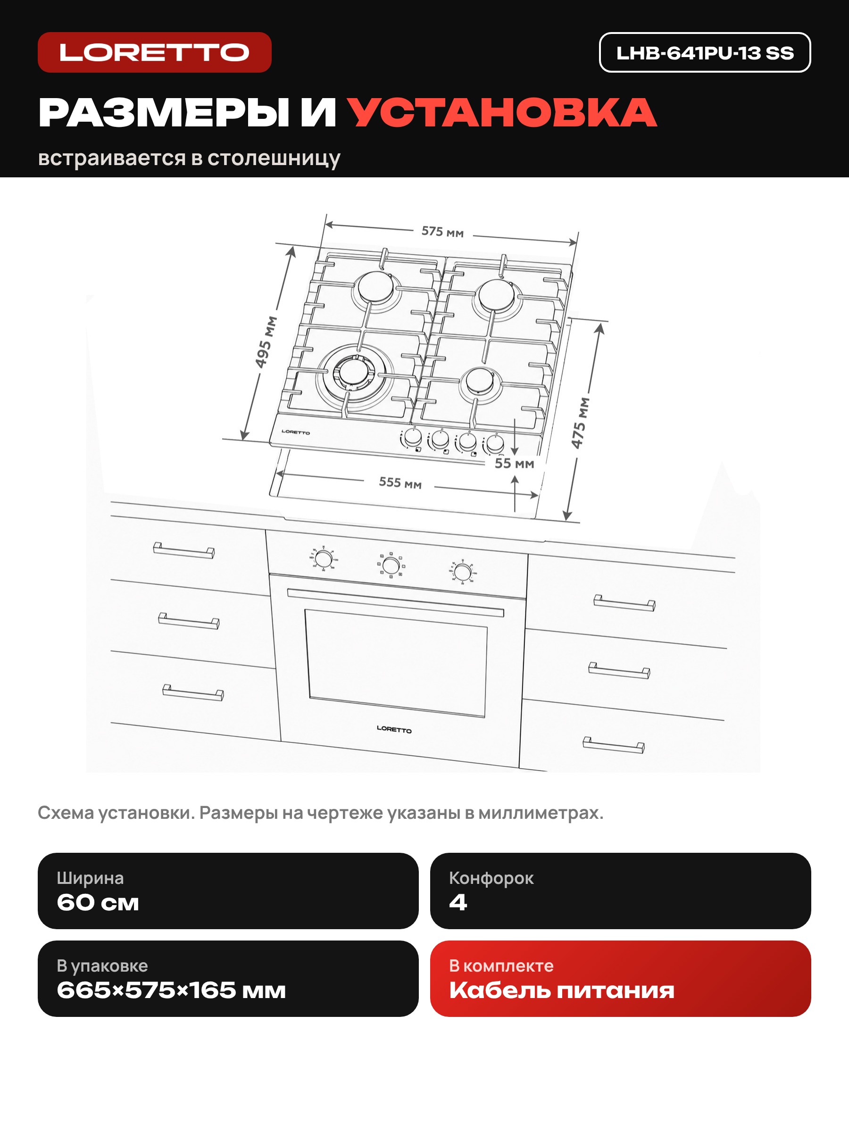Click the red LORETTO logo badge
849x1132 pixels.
click(155, 52)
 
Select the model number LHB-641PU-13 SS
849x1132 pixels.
click(705, 53)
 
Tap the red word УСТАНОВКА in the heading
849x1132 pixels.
click(502, 113)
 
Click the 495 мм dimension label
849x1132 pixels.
click(266, 342)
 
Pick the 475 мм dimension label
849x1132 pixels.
click(580, 423)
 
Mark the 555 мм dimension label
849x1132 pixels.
click(400, 483)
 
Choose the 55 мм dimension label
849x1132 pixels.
click(514, 463)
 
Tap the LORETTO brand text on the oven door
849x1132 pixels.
click(394, 729)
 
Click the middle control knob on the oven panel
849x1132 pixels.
click(391, 566)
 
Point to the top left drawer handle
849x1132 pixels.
click(184, 550)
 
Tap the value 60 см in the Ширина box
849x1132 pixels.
click(98, 902)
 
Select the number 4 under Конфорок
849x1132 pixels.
click(458, 902)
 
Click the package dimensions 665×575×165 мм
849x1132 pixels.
click(171, 990)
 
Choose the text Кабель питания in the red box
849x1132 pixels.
click(562, 990)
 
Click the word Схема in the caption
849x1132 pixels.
click(66, 813)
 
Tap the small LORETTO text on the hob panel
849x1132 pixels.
click(296, 433)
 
